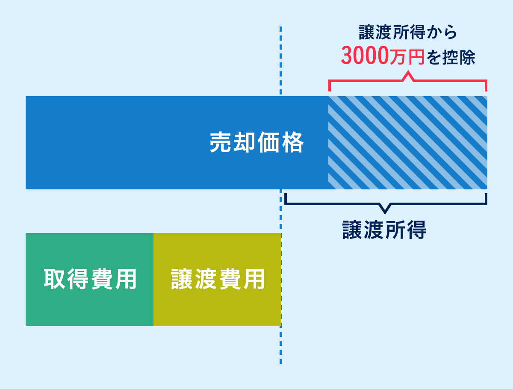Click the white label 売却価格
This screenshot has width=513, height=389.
tap(256, 142)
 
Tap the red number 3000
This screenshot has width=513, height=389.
tap(365, 56)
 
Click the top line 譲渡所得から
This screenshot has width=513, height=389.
tap(408, 33)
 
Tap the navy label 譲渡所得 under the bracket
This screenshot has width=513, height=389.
tap(384, 230)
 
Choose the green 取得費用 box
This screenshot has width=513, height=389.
tap(89, 280)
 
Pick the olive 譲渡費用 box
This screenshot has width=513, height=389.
tap(217, 280)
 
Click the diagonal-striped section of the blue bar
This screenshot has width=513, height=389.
tap(407, 143)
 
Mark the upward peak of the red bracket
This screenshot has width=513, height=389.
tap(408, 75)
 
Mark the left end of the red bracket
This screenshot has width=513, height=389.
tap(330, 85)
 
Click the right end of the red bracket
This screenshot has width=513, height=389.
tap(486, 85)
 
